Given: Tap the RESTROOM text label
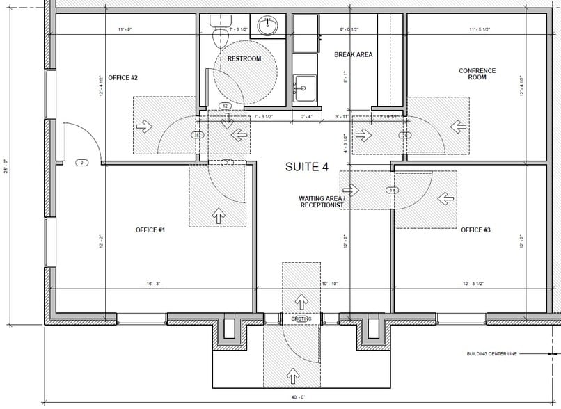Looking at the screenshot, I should [x=244, y=58].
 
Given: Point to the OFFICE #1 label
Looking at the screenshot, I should [x=150, y=229].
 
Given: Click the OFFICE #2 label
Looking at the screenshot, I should [x=123, y=78].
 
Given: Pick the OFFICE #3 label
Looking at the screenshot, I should [x=476, y=229].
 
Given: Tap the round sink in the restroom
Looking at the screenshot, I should [x=267, y=26].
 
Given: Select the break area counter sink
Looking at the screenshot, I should [x=302, y=88].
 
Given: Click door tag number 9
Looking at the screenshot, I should [x=81, y=162].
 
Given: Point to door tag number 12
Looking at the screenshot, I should [x=225, y=106].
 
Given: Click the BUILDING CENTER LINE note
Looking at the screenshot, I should [x=491, y=354].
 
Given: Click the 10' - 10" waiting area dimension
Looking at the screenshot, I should [x=330, y=284].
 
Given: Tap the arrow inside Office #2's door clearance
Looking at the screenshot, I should [x=146, y=127].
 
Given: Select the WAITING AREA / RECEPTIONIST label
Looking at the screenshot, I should [x=321, y=202].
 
